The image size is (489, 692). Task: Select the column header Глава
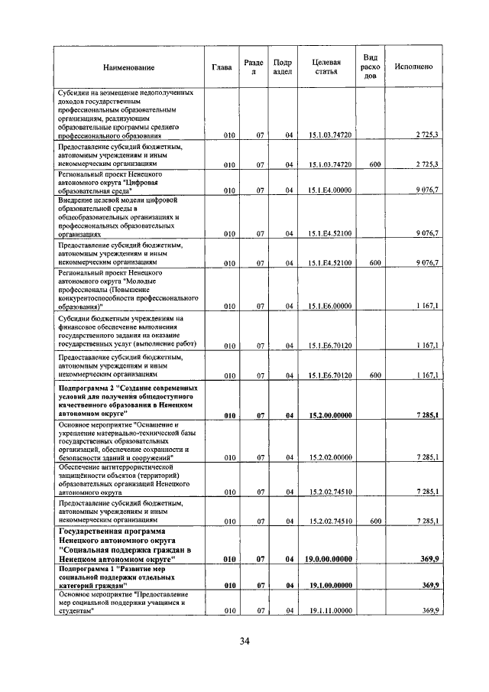[222, 67]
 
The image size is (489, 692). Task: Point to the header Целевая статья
[325, 67]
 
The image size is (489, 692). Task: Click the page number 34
[244, 641]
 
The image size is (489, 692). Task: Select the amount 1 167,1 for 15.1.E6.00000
[426, 306]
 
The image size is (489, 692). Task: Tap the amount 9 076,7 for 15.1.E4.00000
[426, 190]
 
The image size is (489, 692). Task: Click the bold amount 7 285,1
[426, 415]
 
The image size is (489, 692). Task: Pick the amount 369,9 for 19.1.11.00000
[430, 610]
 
